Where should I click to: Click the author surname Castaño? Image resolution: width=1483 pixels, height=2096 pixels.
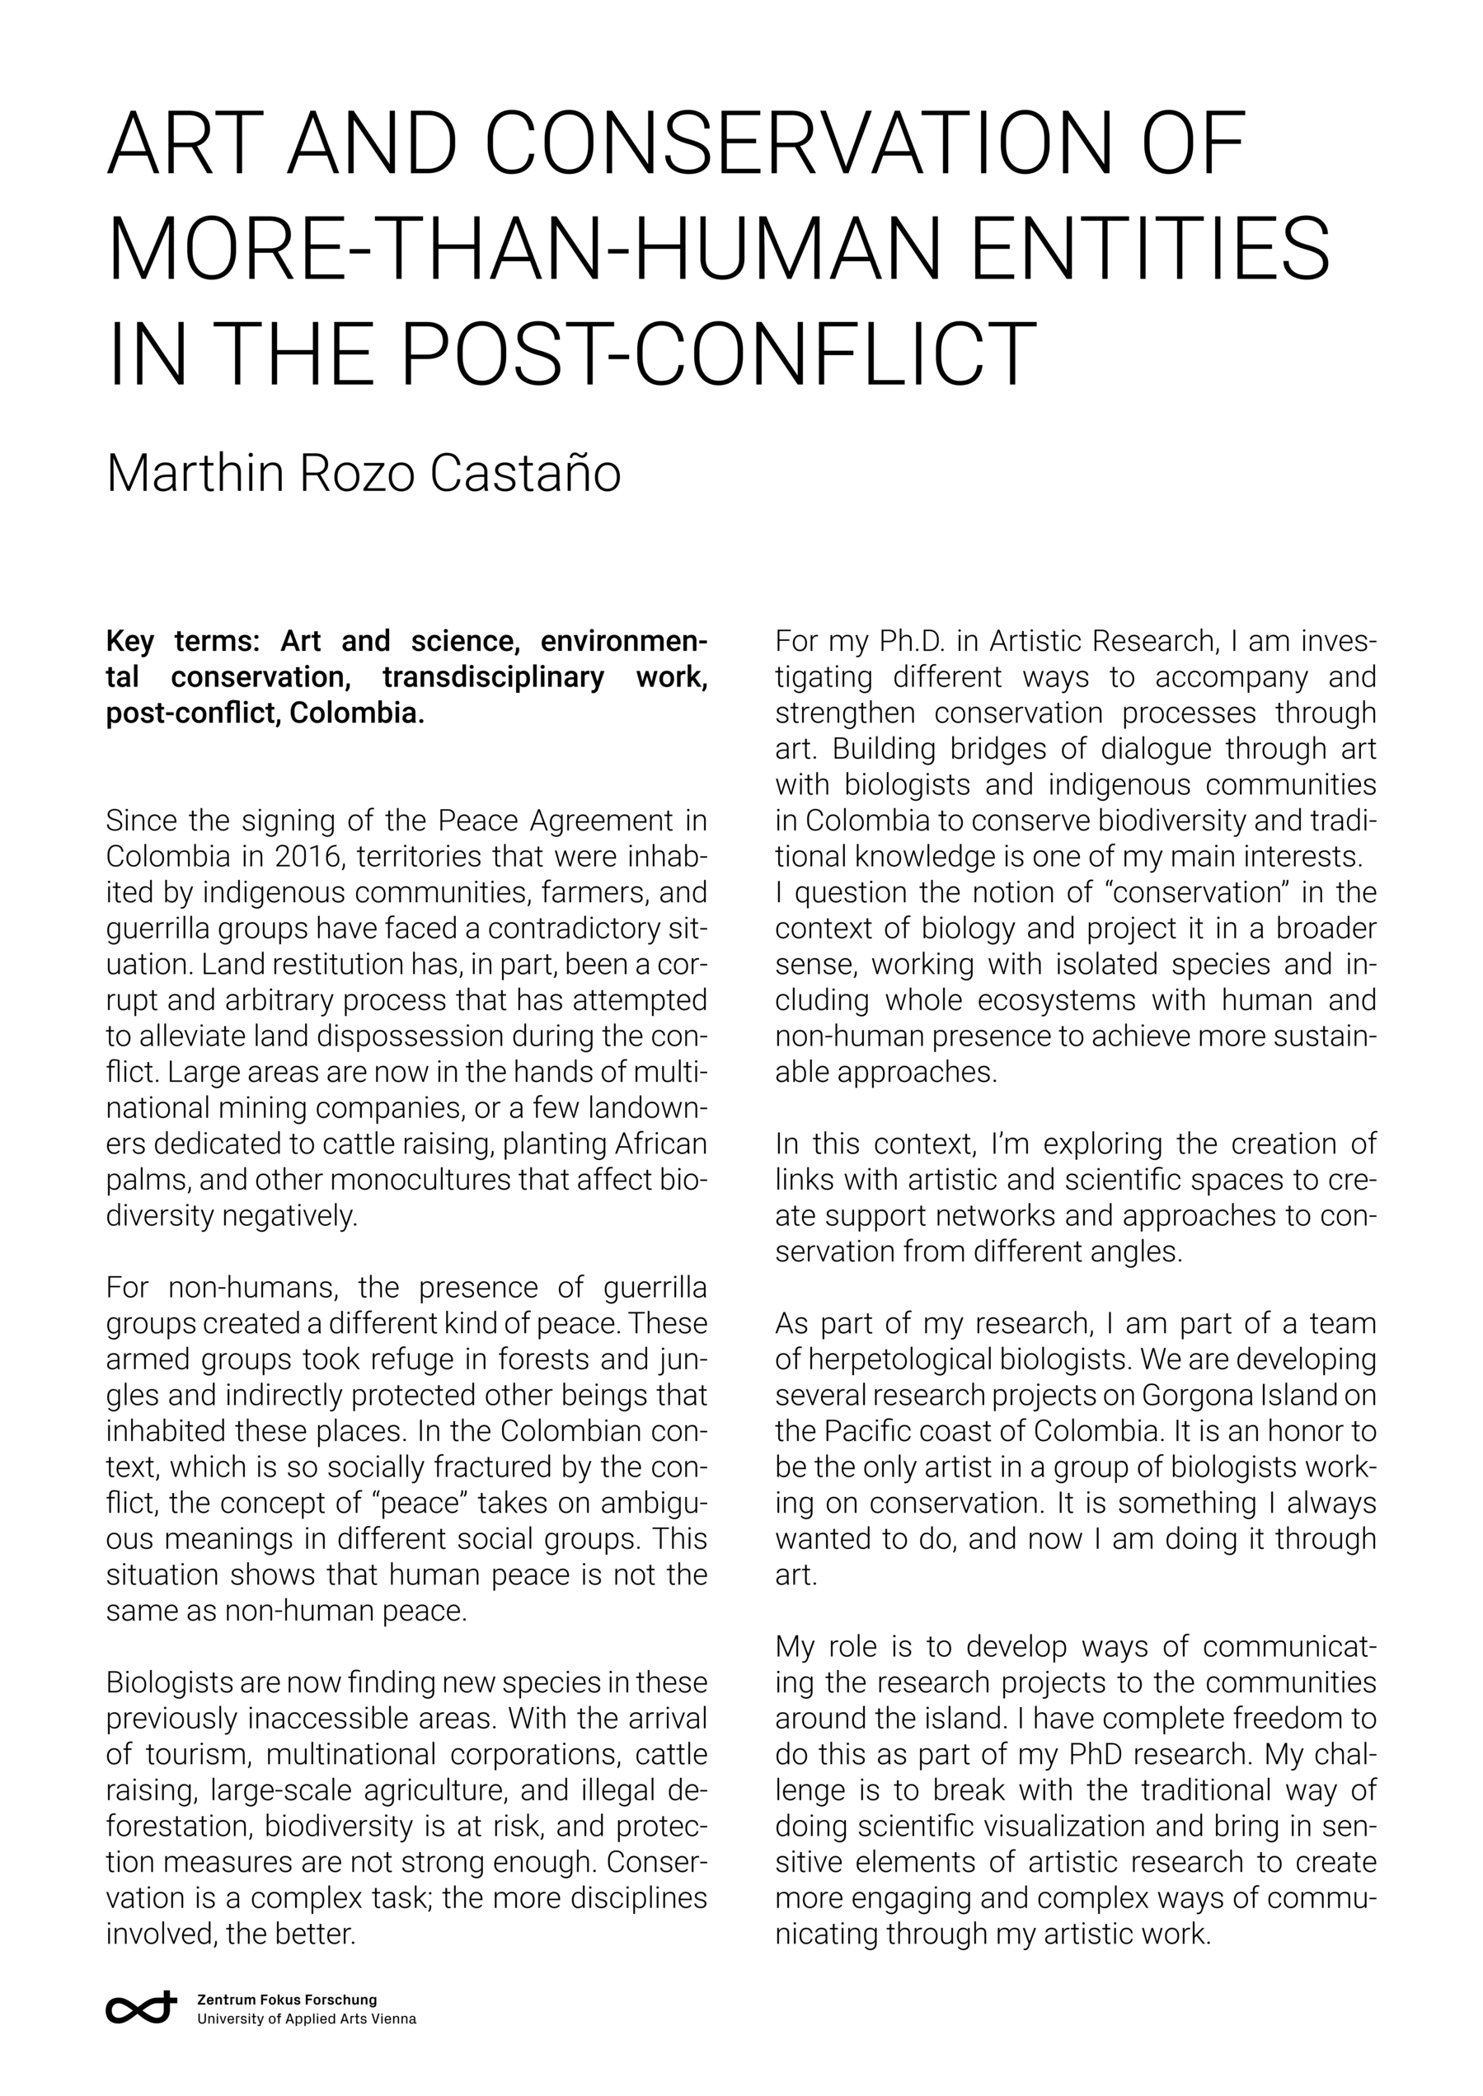pos(525,473)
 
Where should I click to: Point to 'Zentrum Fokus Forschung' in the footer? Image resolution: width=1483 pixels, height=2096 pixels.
pos(287,2000)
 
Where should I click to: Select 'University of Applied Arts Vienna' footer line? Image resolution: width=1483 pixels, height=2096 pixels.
pos(306,2019)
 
